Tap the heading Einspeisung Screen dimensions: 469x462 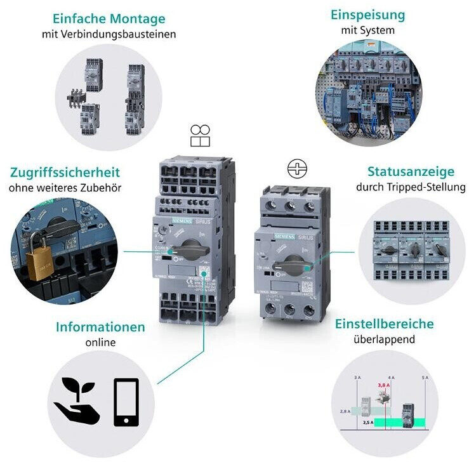click(367, 15)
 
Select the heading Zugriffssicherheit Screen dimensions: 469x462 click(65, 172)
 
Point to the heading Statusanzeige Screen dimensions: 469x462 click(411, 172)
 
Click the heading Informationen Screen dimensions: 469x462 click(100, 327)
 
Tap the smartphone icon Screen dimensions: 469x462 click(126, 402)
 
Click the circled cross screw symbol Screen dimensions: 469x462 click(297, 169)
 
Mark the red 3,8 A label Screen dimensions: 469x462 click(383, 385)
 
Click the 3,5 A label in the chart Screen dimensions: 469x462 click(367, 421)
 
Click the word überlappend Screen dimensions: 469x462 click(384, 340)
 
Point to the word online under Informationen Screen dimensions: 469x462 click(100, 343)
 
